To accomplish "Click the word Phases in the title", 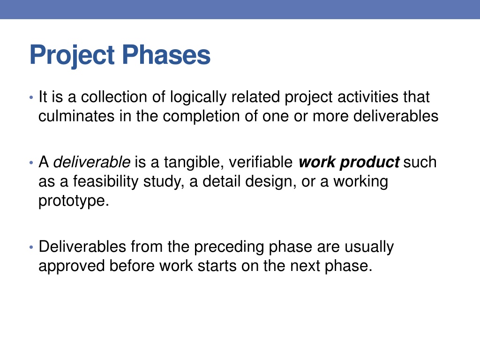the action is pyautogui.click(x=166, y=55).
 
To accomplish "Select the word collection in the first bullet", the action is pyautogui.click(x=114, y=97).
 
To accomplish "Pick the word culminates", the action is pyautogui.click(x=76, y=116).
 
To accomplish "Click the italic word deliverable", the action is pyautogui.click(x=92, y=162).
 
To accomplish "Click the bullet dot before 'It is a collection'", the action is pyautogui.click(x=31, y=98).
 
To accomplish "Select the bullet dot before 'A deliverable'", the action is pyautogui.click(x=31, y=163).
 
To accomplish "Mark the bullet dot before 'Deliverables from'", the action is pyautogui.click(x=31, y=247).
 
